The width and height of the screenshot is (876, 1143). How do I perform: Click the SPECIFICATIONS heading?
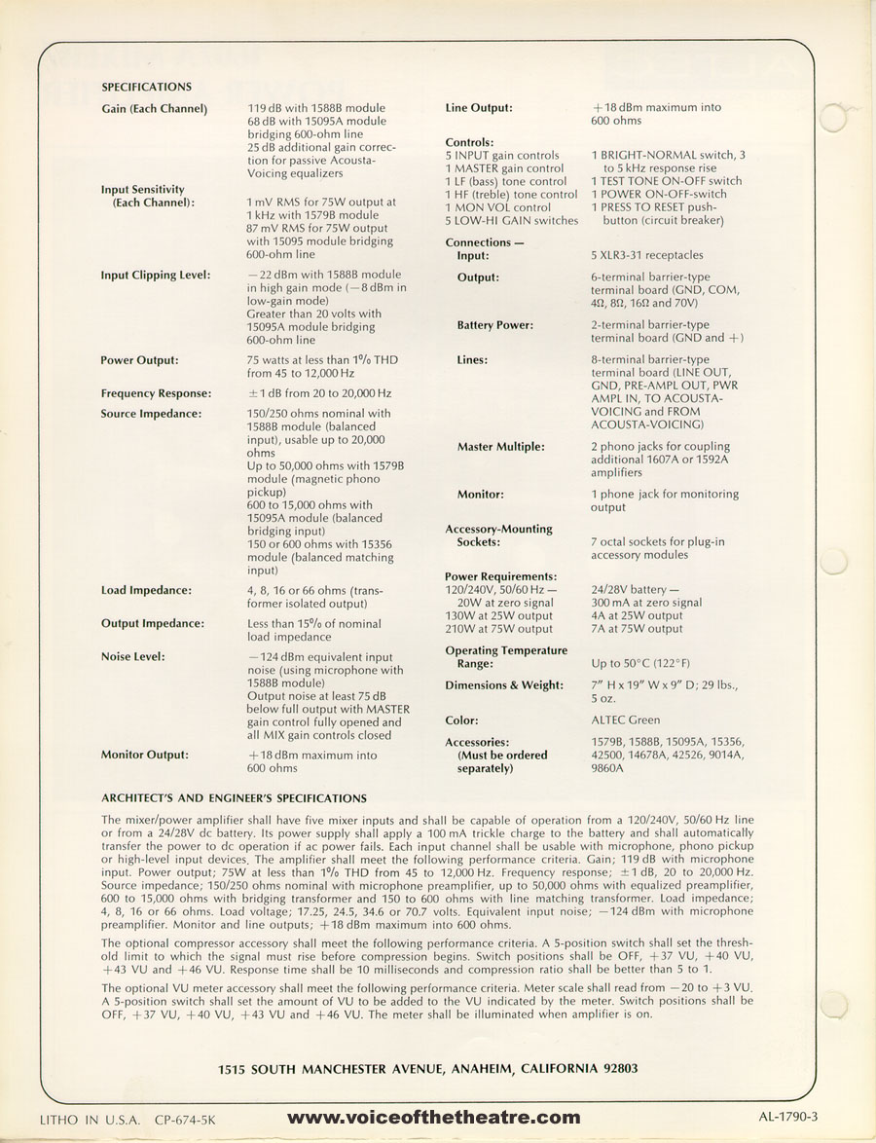[146, 87]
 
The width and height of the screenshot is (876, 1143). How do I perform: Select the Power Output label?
[140, 360]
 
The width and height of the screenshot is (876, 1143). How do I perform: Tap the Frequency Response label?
[156, 393]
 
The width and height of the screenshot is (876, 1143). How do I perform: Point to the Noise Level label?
[134, 656]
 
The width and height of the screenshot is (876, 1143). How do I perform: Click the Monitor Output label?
[145, 755]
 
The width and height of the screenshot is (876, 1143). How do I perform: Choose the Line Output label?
[479, 108]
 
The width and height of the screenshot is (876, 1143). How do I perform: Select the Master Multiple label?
[500, 447]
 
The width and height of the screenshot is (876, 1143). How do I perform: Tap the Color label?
[461, 721]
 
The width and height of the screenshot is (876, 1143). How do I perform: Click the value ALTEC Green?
[625, 721]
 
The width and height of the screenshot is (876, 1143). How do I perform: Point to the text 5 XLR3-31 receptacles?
[646, 255]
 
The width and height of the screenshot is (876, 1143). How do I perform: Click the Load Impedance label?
[146, 591]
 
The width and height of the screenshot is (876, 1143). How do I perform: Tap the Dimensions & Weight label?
[504, 685]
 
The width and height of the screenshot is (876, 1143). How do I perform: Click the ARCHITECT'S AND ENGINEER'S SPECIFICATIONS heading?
[235, 798]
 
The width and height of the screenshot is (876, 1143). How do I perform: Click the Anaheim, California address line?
[428, 1068]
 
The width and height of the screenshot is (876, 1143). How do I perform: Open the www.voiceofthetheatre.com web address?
[434, 1119]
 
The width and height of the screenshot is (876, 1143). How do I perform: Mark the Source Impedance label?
[151, 414]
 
